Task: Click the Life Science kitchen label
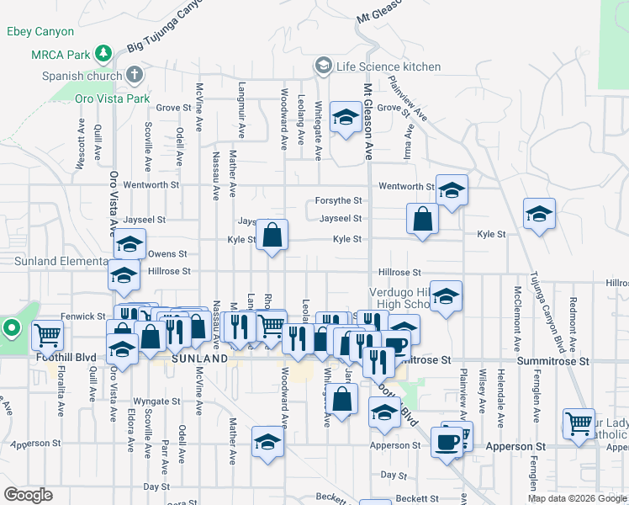coord(388,66)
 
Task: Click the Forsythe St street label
coord(338,200)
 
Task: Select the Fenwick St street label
coord(79,316)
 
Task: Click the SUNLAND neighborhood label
coord(198,359)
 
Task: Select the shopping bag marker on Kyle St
coord(272,237)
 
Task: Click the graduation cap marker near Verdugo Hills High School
coord(446,298)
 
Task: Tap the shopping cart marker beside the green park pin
coord(47,336)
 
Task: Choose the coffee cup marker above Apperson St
coord(446,441)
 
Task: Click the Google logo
coord(28,494)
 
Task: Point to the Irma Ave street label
coord(410,142)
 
